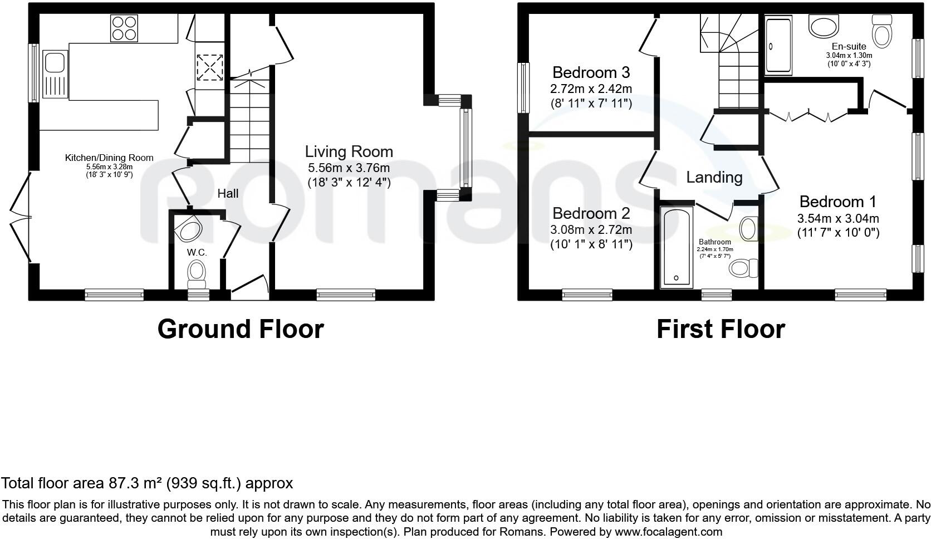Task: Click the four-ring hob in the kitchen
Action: click(124, 28)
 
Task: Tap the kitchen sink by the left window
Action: click(55, 74)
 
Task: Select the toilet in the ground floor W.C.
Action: click(197, 275)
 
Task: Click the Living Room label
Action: click(349, 151)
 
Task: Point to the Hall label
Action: click(228, 193)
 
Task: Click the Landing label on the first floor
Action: click(714, 178)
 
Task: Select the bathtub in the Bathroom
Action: click(676, 247)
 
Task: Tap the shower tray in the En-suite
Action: click(778, 45)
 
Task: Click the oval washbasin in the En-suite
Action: click(824, 26)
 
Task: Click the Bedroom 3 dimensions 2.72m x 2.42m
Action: click(591, 89)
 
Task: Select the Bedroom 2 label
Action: click(591, 213)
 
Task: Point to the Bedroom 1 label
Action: click(838, 202)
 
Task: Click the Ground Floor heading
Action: click(241, 329)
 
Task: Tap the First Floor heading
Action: click(721, 329)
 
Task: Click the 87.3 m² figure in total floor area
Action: click(135, 483)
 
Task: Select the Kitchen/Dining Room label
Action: click(109, 158)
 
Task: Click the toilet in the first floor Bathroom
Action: click(743, 268)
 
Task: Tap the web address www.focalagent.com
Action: click(669, 532)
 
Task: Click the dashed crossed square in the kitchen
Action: click(210, 67)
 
